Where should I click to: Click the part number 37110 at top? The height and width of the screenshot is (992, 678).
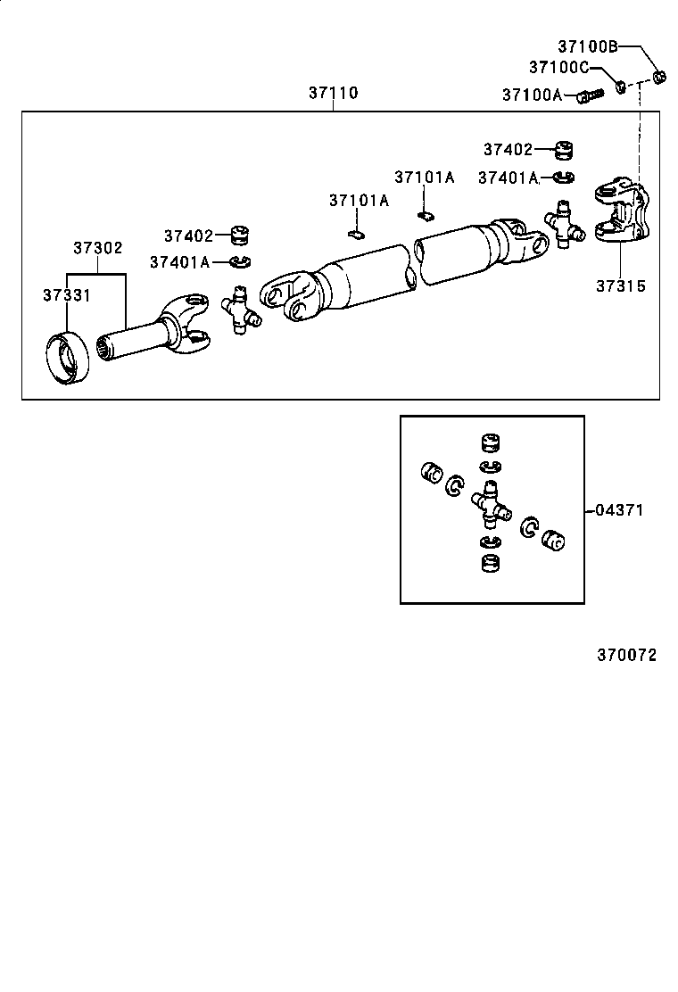(334, 93)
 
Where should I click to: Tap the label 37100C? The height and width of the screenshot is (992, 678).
(558, 67)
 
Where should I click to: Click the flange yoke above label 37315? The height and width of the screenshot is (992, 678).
(623, 213)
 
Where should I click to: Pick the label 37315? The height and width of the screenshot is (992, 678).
(622, 286)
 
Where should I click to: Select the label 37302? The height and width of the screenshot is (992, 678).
(97, 247)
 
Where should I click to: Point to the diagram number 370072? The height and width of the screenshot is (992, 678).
(626, 655)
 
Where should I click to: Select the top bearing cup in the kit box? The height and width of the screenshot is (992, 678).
(490, 444)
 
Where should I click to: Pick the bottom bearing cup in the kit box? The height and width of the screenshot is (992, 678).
(490, 564)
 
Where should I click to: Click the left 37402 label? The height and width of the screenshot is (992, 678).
(188, 236)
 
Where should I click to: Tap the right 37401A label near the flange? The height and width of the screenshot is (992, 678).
(508, 178)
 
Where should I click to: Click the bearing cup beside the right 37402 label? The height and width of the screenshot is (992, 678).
(563, 149)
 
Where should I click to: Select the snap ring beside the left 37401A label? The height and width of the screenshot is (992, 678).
(240, 261)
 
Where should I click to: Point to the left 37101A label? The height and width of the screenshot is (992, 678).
(359, 201)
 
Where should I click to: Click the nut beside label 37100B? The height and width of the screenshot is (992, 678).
(660, 77)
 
